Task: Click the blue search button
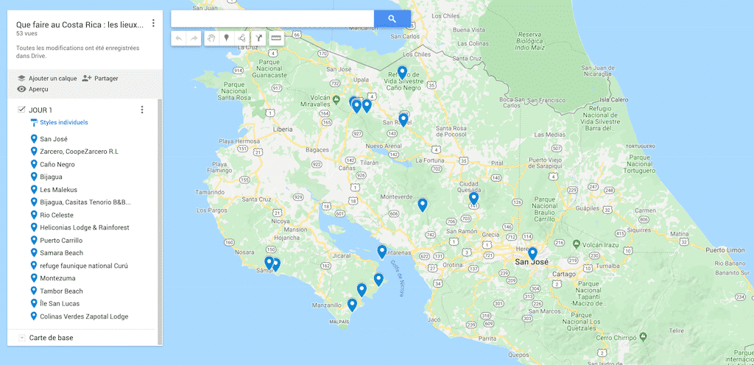coord(392,18)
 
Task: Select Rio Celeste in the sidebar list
coord(57,215)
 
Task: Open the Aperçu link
coord(38,89)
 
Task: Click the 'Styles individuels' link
coord(63,122)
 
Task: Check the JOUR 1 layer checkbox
coord(21,110)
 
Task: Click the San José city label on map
coord(532,262)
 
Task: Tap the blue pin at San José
coord(532,254)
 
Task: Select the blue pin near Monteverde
coord(423,205)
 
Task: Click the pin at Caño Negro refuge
coord(402,72)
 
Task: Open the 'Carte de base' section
coord(51,338)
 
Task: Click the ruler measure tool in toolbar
coord(276,38)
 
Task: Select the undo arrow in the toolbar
coord(179,38)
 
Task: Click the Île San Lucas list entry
coord(60,303)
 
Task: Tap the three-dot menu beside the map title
coord(153,23)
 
